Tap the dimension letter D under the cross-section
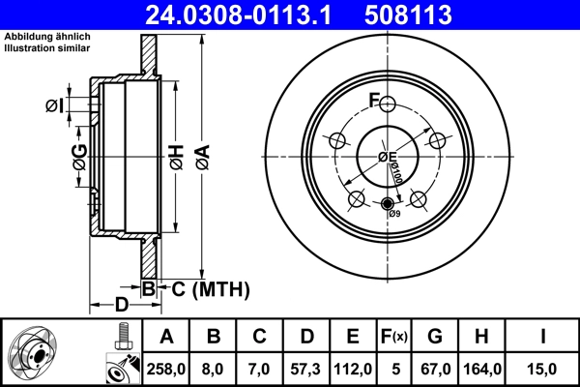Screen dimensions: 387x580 [121, 306]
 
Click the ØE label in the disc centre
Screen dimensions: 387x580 [387, 157]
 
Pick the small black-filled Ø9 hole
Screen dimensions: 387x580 [388, 204]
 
